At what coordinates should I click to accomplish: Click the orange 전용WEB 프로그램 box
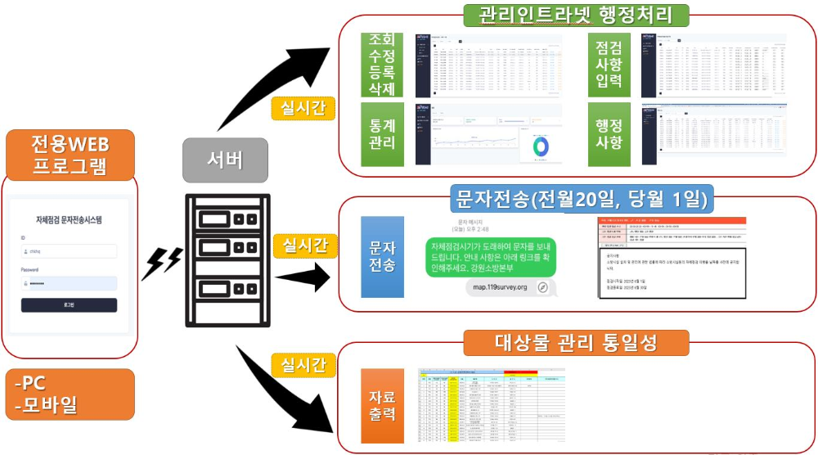[70, 156]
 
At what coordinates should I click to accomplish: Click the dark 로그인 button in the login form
[69, 305]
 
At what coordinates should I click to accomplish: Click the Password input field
[69, 283]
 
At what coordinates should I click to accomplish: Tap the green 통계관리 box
[382, 133]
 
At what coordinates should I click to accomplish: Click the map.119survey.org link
[499, 287]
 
